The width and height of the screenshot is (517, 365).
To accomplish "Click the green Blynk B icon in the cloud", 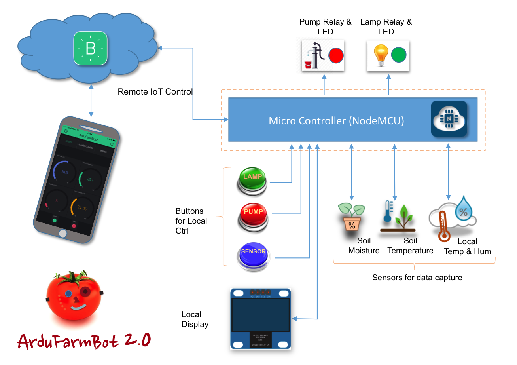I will [x=91, y=49].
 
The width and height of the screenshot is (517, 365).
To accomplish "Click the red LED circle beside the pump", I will [x=336, y=55].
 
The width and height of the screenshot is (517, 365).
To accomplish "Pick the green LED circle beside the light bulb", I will [x=399, y=55].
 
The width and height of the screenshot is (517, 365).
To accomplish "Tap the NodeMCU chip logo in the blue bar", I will [x=449, y=119].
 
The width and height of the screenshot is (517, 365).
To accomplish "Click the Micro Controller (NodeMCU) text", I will [x=336, y=121].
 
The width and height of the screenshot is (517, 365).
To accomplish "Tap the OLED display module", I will [x=261, y=319].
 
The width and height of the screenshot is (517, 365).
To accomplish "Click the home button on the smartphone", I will [x=62, y=233].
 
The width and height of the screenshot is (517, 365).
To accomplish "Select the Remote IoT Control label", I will [x=155, y=92].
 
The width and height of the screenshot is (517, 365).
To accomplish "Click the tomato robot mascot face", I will [x=73, y=296].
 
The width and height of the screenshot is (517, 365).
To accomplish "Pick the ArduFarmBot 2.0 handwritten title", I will [x=84, y=340].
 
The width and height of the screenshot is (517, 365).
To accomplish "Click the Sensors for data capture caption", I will [x=417, y=278].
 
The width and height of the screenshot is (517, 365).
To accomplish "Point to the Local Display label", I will [x=195, y=319].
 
